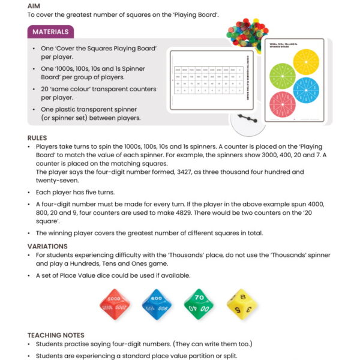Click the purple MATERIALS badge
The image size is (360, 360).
coord(50,32)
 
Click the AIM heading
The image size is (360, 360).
coord(35,5)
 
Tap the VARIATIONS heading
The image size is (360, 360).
coord(47,246)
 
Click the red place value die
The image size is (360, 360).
coord(114,303)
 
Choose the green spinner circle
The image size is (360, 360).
coord(283,77)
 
